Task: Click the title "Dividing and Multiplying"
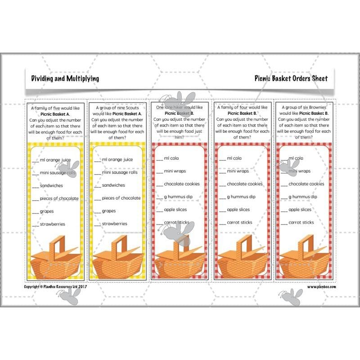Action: (65, 78)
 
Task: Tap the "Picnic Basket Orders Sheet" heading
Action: (291, 78)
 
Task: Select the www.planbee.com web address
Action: (322, 286)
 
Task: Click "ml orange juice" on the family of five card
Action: (54, 160)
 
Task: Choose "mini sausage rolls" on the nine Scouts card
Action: (119, 172)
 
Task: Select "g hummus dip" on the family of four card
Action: (241, 197)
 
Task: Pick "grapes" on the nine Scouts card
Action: (108, 211)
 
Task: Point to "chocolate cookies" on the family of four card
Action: (244, 184)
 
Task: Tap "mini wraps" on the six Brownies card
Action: (299, 171)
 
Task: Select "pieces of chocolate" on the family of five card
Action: (58, 198)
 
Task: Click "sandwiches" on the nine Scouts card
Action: (113, 185)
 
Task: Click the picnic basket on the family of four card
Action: (243, 261)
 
